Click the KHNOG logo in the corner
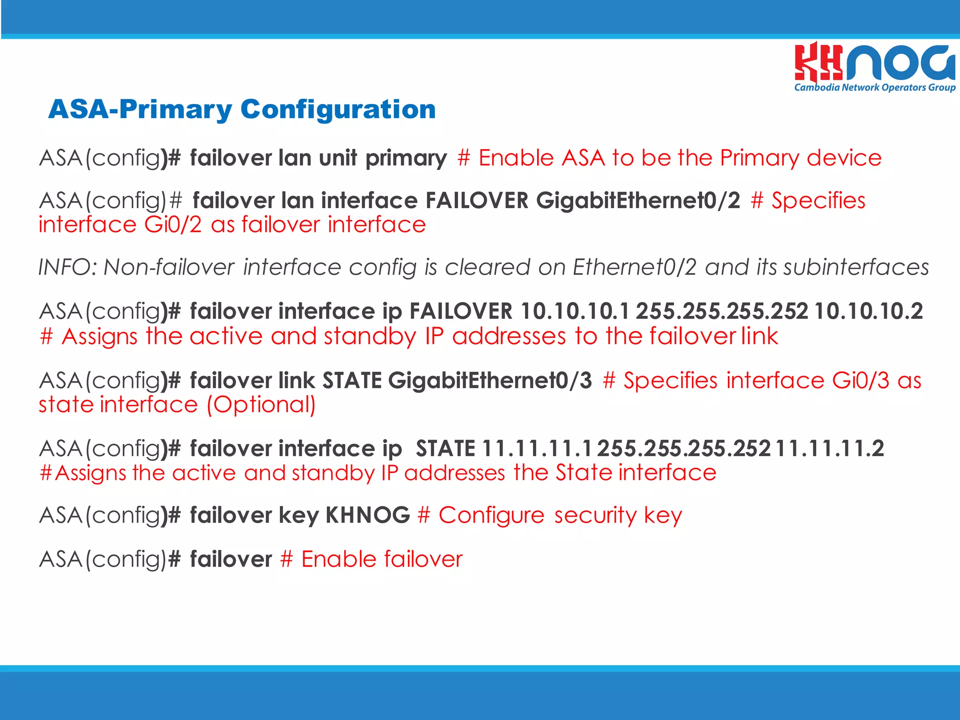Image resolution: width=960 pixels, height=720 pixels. tap(874, 63)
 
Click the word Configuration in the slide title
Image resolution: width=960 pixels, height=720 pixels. tap(338, 109)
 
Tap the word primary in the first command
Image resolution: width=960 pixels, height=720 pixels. tap(406, 158)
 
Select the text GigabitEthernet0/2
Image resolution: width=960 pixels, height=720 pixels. tap(638, 201)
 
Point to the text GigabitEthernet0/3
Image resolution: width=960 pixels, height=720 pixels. tap(490, 380)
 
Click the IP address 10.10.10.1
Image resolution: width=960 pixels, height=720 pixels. tap(575, 311)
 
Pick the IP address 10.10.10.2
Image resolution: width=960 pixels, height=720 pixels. tap(869, 311)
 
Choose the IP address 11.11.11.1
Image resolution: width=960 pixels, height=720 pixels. tap(537, 449)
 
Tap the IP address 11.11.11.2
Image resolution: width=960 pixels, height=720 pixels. tap(829, 449)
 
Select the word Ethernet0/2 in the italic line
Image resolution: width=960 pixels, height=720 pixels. tap(634, 268)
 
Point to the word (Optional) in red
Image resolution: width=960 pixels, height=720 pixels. tap(261, 405)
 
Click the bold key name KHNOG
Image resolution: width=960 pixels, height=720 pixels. tap(368, 515)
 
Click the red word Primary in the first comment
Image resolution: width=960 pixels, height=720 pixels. tap(759, 158)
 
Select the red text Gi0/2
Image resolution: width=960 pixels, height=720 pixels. tap(172, 225)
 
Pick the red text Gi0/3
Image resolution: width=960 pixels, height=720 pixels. tap(860, 380)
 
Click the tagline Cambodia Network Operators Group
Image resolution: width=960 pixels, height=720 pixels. tap(874, 88)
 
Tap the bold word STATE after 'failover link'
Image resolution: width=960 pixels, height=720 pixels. tap(352, 380)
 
